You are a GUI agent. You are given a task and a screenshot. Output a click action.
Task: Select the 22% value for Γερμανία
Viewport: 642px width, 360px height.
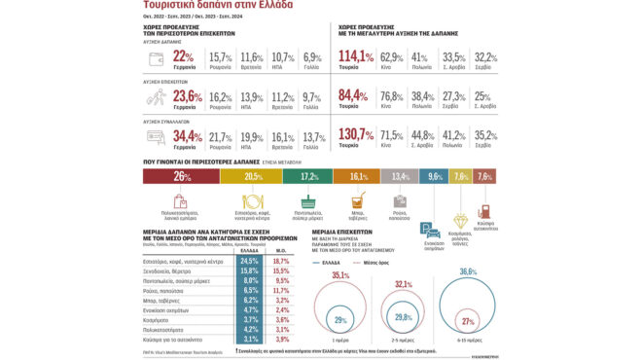(x=182, y=57)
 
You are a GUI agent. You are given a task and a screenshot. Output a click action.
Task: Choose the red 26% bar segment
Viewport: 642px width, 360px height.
(x=181, y=176)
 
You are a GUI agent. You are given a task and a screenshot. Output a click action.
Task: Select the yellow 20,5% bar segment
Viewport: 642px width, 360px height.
(x=254, y=176)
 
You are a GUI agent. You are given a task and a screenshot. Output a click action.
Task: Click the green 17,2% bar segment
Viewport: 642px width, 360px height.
(x=308, y=176)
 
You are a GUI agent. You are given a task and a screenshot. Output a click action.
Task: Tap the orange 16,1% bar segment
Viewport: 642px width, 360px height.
(x=357, y=176)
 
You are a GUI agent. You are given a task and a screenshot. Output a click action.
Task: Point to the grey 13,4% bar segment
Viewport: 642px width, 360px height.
(x=400, y=176)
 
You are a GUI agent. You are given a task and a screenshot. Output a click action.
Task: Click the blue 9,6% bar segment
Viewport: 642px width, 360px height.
(x=434, y=176)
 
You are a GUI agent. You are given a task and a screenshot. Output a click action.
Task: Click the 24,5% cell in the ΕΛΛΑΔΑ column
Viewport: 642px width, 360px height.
(x=248, y=262)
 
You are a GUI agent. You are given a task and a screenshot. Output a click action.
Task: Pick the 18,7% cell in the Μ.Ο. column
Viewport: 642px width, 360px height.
(x=282, y=262)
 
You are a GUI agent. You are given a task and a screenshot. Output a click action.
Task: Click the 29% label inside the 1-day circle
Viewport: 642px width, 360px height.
(x=339, y=320)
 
